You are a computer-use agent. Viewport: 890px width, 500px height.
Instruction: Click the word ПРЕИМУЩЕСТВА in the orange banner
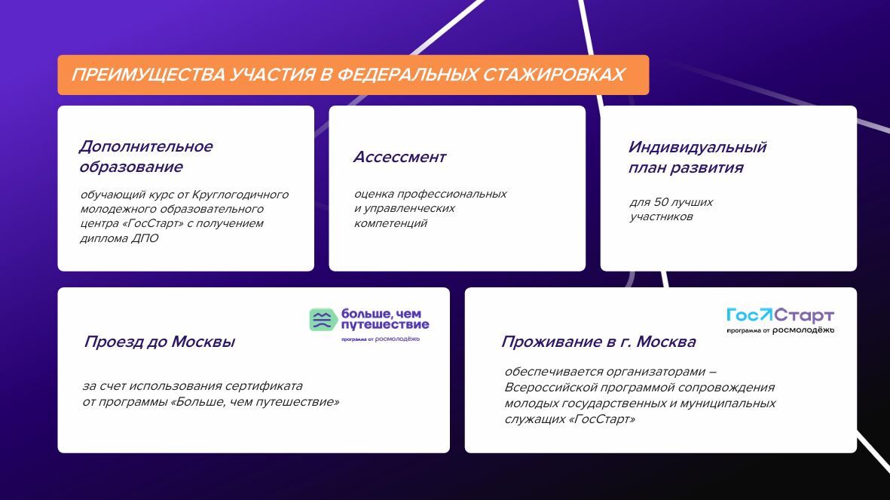(x=148, y=75)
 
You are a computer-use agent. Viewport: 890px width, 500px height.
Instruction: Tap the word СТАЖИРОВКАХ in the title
(x=554, y=75)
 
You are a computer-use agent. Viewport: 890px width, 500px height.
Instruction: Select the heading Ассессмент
(x=399, y=157)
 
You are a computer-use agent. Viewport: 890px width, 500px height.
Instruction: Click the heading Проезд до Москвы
(x=160, y=342)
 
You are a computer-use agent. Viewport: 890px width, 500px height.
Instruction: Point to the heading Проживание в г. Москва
(x=598, y=342)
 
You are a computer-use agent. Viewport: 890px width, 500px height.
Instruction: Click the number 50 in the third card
(x=661, y=201)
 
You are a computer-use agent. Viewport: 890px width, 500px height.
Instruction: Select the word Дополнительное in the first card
(x=146, y=146)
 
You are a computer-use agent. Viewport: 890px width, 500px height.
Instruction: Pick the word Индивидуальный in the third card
(x=697, y=147)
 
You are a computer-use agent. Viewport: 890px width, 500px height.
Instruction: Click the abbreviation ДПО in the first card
(x=145, y=238)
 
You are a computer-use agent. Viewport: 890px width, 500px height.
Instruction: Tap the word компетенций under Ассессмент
(x=390, y=223)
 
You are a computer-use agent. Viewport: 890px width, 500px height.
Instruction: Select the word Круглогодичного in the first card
(x=240, y=195)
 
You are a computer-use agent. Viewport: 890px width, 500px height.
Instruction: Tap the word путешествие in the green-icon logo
(x=385, y=325)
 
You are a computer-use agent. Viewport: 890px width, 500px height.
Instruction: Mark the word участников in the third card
(x=661, y=216)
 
